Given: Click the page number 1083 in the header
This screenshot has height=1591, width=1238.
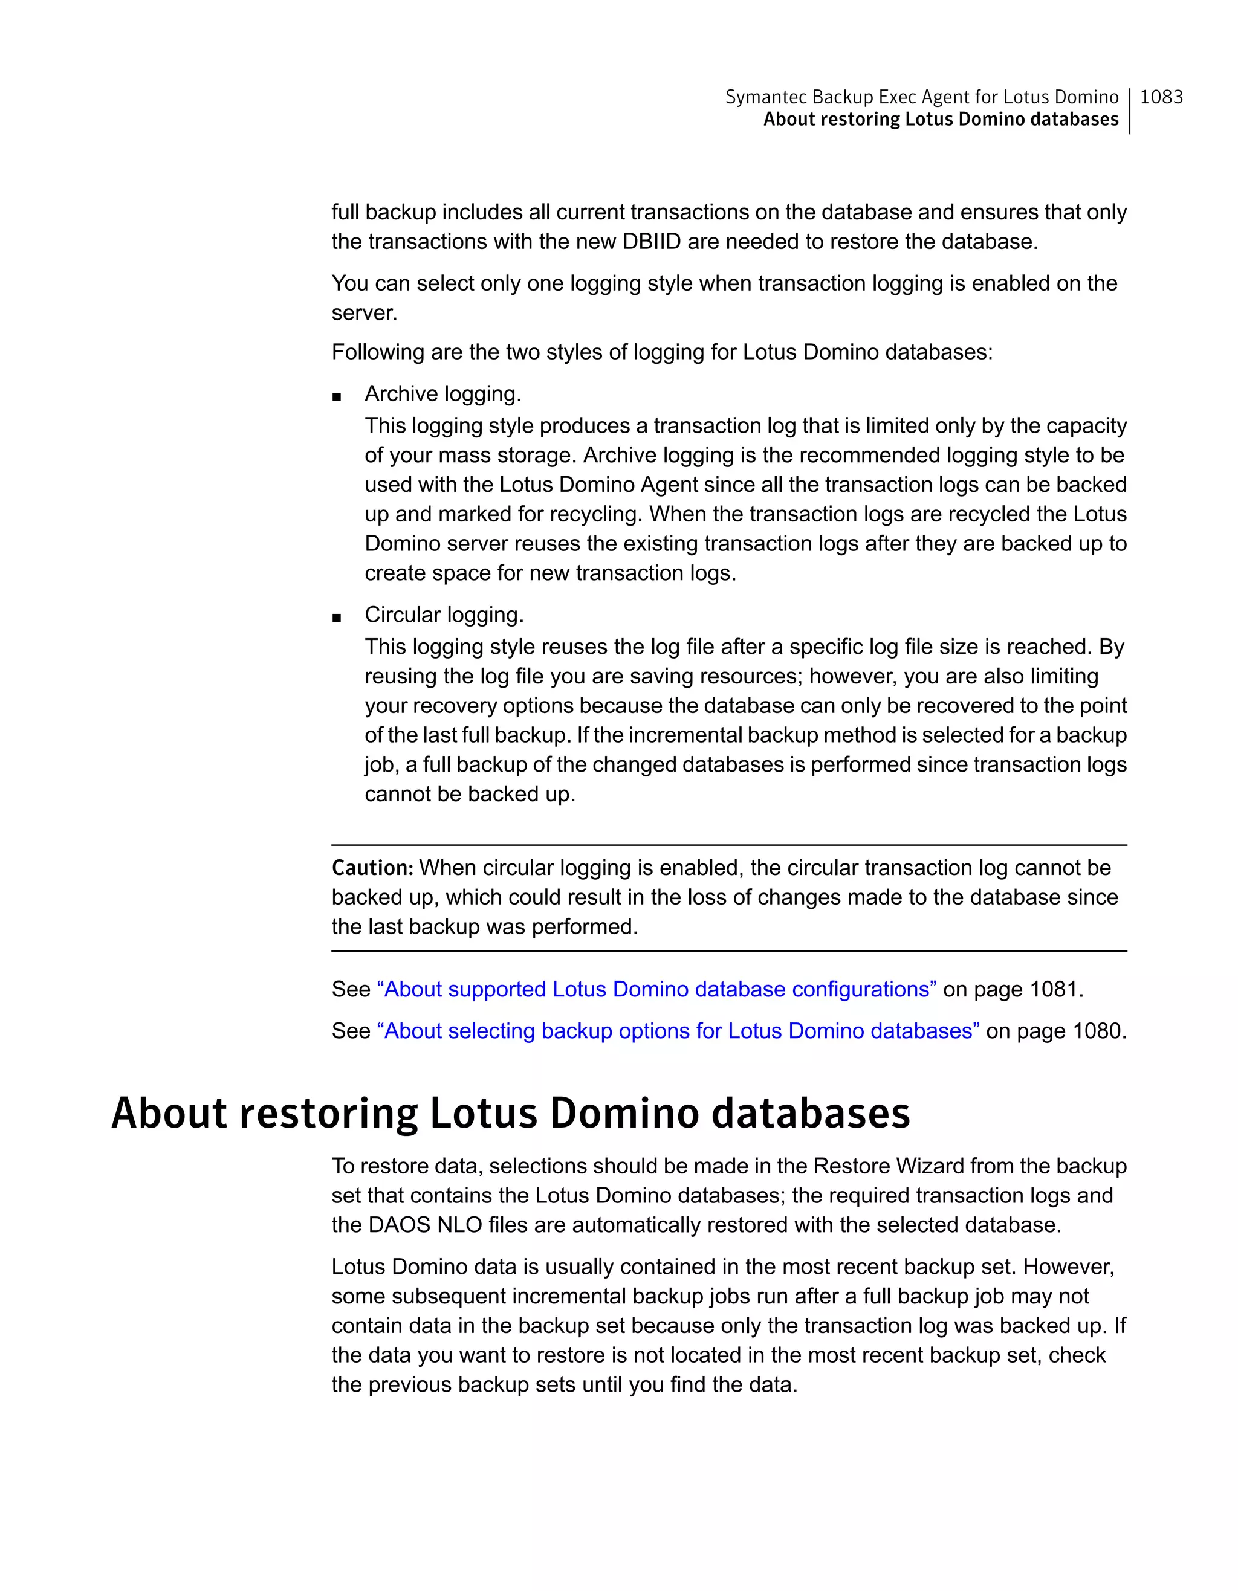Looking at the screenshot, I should tap(1161, 97).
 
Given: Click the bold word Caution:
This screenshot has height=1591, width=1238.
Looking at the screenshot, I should tap(372, 868).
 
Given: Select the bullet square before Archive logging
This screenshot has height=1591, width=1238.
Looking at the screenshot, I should tap(337, 397).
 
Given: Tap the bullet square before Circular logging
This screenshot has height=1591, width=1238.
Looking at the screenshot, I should tap(337, 618).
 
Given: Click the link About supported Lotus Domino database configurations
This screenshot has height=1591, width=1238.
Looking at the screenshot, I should tap(656, 989).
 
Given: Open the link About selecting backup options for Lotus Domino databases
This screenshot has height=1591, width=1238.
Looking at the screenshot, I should tap(678, 1031).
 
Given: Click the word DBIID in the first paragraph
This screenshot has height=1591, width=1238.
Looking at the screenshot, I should tap(652, 241).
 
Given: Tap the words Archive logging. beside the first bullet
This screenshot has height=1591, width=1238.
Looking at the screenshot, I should tap(442, 393).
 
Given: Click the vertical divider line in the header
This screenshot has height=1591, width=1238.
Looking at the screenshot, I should tap(1129, 111).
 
